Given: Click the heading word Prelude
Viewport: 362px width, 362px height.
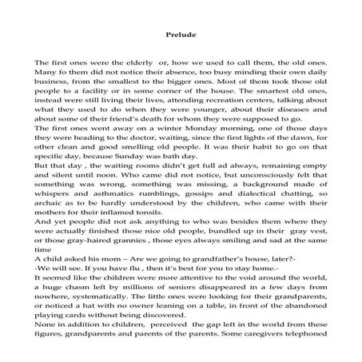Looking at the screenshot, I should pyautogui.click(x=181, y=35).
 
